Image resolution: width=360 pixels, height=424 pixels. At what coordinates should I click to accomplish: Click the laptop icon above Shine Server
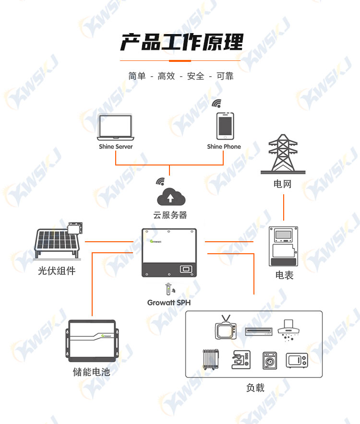click(x=116, y=128)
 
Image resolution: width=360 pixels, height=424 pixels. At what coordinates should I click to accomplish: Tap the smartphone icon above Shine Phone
click(x=225, y=126)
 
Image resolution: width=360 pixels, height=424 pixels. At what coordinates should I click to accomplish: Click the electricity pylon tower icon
click(x=283, y=154)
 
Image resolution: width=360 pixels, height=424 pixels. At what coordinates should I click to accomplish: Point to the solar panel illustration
click(x=58, y=241)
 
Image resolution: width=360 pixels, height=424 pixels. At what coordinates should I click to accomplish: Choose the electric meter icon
click(x=283, y=247)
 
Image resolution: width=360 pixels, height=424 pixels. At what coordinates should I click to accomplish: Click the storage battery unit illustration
click(x=92, y=341)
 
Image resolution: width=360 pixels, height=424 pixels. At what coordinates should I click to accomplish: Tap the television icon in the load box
click(x=226, y=327)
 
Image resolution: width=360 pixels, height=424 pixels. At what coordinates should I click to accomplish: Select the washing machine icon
click(x=270, y=361)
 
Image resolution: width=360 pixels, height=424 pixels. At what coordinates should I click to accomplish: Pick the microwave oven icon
click(x=297, y=361)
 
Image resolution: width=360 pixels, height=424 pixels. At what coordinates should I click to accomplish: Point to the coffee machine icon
click(x=241, y=359)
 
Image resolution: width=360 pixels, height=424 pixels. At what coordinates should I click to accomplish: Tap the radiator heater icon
click(x=211, y=359)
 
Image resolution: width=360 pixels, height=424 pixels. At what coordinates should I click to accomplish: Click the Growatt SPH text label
click(x=169, y=303)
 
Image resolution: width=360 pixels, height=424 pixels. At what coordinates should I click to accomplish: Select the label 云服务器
click(x=170, y=215)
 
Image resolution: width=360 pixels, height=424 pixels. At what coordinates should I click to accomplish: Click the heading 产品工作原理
click(x=181, y=42)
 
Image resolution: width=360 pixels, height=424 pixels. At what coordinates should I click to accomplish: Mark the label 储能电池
click(x=92, y=372)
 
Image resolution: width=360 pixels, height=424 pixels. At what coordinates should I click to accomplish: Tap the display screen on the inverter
click(x=186, y=269)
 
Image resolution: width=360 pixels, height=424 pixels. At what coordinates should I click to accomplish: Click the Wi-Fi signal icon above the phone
click(x=217, y=103)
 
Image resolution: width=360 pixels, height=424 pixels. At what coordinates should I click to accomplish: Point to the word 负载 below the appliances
click(x=255, y=388)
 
